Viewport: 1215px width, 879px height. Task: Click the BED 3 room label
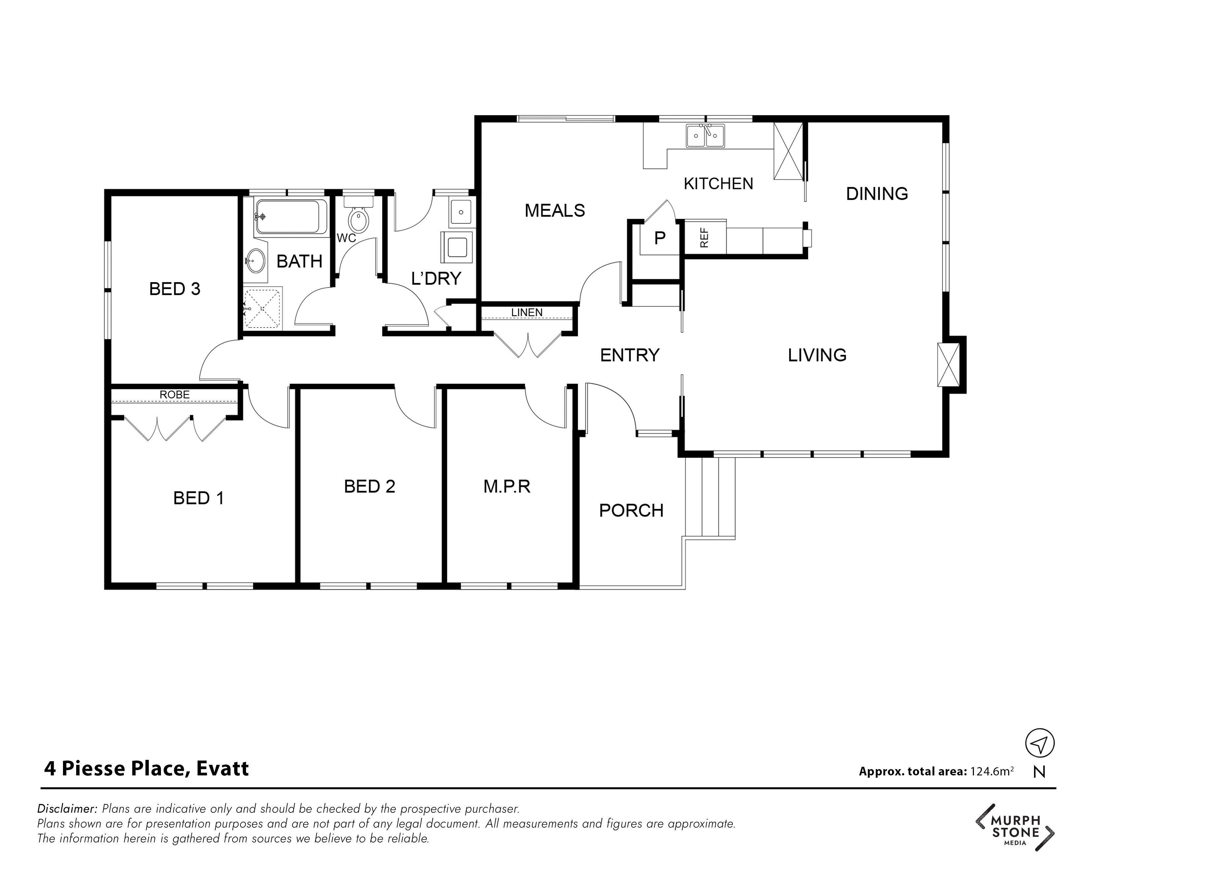pyautogui.click(x=175, y=289)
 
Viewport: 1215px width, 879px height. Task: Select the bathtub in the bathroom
pyautogui.click(x=291, y=216)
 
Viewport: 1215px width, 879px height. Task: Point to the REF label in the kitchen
pyautogui.click(x=704, y=238)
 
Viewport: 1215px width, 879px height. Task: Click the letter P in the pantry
pyautogui.click(x=660, y=238)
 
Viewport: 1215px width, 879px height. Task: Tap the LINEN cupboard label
pyautogui.click(x=527, y=312)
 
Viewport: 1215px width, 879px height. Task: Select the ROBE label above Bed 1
pyautogui.click(x=175, y=395)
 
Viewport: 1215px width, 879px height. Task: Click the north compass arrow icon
pyautogui.click(x=1040, y=743)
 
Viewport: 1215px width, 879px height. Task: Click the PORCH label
pyautogui.click(x=631, y=511)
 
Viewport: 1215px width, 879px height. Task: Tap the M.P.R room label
pyautogui.click(x=507, y=487)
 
